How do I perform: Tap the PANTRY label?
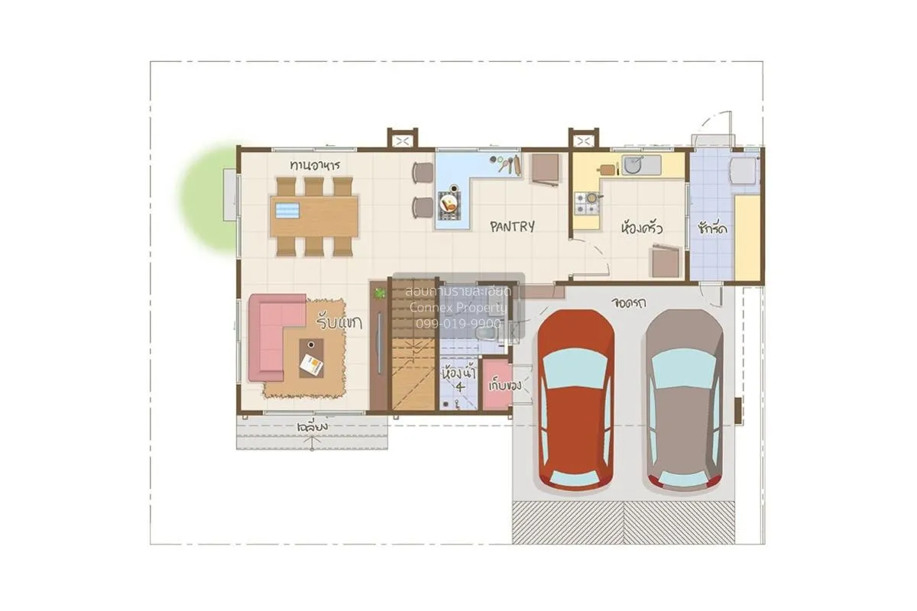[x=512, y=226]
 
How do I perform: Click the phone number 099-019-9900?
[x=458, y=324]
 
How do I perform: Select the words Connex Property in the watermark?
[x=458, y=307]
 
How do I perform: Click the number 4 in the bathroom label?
[x=459, y=387]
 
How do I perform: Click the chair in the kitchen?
[x=665, y=262]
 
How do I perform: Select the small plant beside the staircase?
[x=379, y=292]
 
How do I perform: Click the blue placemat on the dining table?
[x=290, y=210]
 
